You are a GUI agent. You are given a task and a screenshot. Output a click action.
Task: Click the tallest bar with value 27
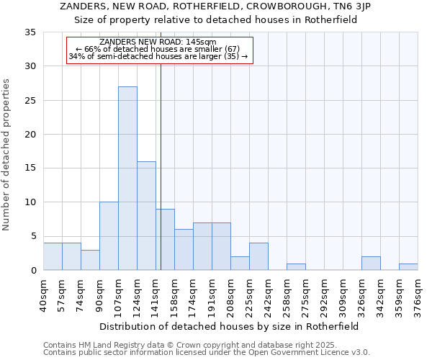tap(127, 179)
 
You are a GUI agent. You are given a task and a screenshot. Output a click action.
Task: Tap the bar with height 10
tap(109, 236)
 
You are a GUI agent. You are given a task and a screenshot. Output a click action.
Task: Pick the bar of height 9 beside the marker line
tap(165, 240)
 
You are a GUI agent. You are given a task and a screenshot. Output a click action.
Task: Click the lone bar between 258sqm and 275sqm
tap(296, 267)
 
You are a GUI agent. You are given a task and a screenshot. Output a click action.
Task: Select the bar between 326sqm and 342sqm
tap(371, 264)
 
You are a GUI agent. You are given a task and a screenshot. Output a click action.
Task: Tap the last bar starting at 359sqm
tap(408, 267)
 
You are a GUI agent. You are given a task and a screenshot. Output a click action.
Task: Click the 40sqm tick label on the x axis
tap(44, 295)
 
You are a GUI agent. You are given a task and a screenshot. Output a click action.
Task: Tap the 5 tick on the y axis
tap(33, 236)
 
